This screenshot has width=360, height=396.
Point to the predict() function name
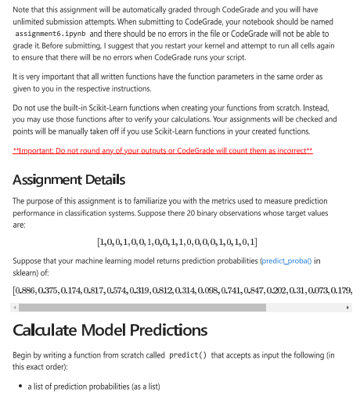click(188, 355)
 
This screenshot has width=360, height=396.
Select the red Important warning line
click(163, 149)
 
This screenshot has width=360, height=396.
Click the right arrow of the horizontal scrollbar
click(348, 307)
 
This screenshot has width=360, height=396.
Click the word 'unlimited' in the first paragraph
click(31, 23)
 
